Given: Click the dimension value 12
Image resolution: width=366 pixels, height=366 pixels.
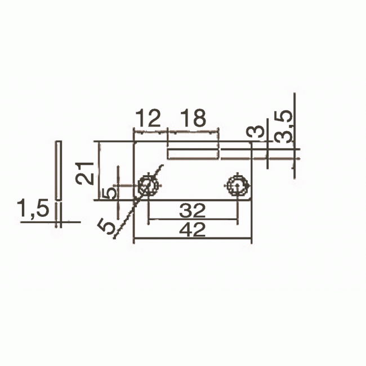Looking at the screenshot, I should pyautogui.click(x=148, y=118).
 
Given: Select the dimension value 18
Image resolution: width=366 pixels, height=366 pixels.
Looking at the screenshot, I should pyautogui.click(x=193, y=118).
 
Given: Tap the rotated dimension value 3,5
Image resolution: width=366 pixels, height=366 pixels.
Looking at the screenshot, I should pyautogui.click(x=283, y=126).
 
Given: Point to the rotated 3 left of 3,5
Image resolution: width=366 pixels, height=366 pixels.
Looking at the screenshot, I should pyautogui.click(x=256, y=133).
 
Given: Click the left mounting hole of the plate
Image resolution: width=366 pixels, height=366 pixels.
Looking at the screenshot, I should pyautogui.click(x=148, y=185).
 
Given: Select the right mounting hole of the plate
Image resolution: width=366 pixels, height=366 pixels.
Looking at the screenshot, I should pyautogui.click(x=236, y=185).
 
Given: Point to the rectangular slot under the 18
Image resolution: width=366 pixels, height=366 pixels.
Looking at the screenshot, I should pyautogui.click(x=193, y=153).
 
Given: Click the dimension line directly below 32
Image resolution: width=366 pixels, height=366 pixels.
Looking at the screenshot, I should pyautogui.click(x=193, y=220).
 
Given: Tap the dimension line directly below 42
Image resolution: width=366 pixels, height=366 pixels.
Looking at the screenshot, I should pyautogui.click(x=193, y=241).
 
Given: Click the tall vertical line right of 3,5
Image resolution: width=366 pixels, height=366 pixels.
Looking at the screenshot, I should pyautogui.click(x=294, y=135).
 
